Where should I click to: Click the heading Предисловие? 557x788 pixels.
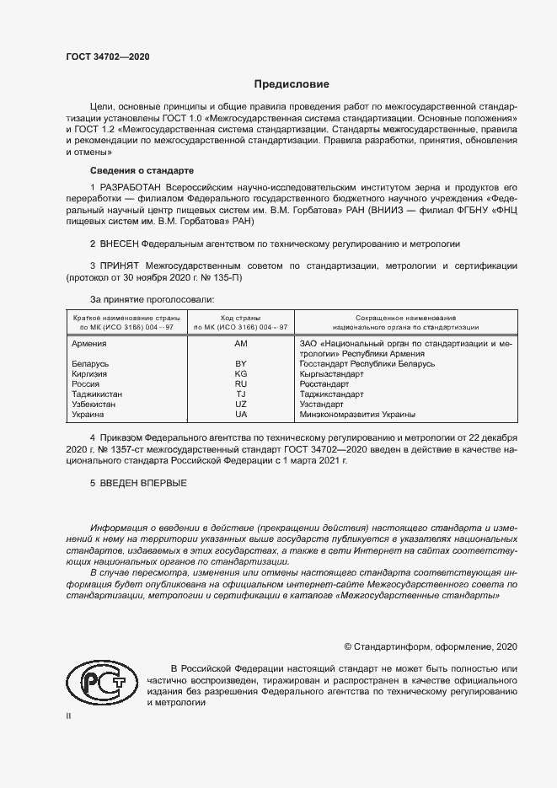[292, 84]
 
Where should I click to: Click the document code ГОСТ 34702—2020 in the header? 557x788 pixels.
[108, 57]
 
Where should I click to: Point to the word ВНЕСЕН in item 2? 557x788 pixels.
[120, 243]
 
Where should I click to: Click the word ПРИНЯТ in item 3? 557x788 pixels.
[120, 265]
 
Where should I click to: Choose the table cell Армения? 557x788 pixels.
[89, 345]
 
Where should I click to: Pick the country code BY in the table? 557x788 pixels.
[241, 364]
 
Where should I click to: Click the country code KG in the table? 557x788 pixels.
[241, 374]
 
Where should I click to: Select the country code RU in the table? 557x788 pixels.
[241, 384]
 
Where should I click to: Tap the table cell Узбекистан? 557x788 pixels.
[94, 405]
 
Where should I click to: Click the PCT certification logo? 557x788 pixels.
[100, 682]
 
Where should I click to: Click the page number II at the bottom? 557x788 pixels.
[69, 716]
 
